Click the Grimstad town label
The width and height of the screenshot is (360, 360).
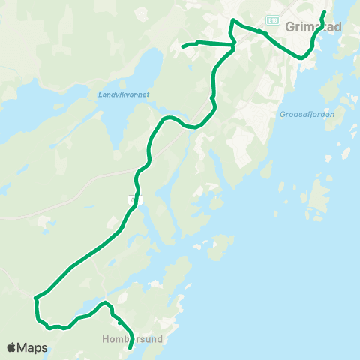pos(313,27)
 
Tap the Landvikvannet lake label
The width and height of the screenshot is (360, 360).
pos(124,94)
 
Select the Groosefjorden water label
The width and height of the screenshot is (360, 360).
pos(306,115)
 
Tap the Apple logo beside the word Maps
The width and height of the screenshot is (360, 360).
pos(12,347)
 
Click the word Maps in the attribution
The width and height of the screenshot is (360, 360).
pos(33,347)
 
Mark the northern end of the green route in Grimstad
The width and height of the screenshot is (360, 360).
pos(325,13)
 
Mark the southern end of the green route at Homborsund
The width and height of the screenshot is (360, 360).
pos(130,348)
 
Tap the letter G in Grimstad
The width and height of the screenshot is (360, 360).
pos(290,27)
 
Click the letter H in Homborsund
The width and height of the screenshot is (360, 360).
pos(105,338)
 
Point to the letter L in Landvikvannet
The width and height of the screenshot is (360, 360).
pos(100,94)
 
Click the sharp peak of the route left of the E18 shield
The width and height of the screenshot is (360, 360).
pos(232,19)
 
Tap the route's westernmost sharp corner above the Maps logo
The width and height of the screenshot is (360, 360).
pos(34,299)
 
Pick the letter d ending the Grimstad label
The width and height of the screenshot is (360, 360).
pos(338,27)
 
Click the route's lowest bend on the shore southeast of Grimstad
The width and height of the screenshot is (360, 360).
pos(301,57)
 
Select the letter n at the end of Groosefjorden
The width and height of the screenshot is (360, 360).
pos(331,115)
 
